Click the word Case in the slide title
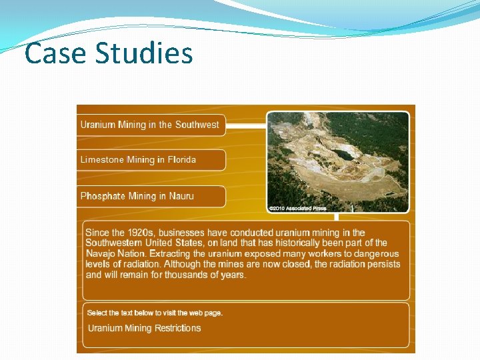coord(54,53)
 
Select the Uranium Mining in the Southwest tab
coord(149,125)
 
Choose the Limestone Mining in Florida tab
coord(138,160)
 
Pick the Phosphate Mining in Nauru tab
coord(137,196)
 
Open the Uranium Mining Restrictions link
coord(144,328)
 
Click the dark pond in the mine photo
coord(343,155)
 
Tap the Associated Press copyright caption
coord(298,209)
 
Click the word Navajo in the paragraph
coord(101,253)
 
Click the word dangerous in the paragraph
coord(371,253)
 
